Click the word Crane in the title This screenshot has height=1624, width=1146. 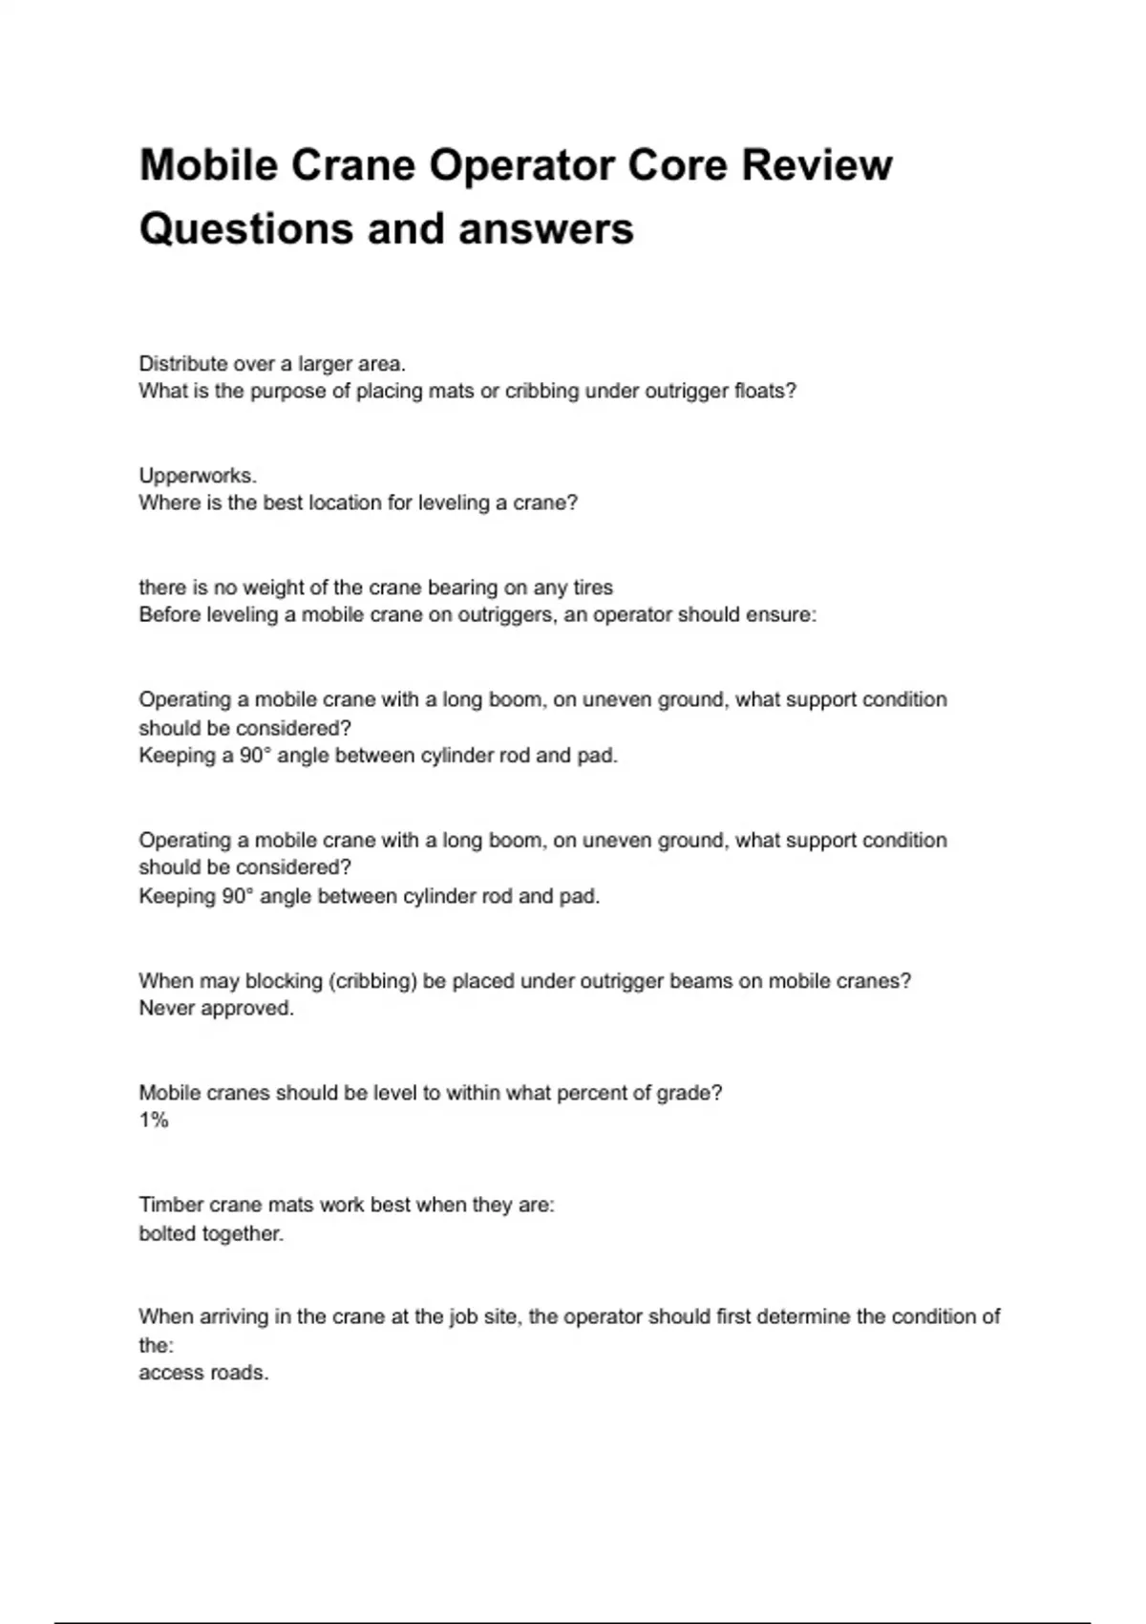[352, 165]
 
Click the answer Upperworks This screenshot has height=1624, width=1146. [198, 475]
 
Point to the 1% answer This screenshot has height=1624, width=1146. [154, 1121]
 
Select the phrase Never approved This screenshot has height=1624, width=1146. [216, 1008]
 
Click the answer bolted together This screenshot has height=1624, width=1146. [211, 1233]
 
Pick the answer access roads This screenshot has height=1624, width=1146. [203, 1373]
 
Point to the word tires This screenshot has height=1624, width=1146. [592, 588]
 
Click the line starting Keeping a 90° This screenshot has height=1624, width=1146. [378, 756]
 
